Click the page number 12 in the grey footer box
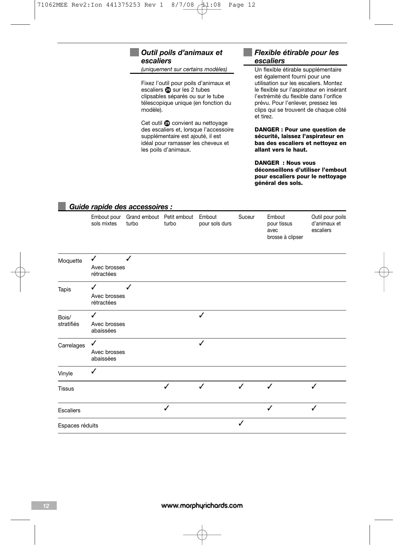point(46,506)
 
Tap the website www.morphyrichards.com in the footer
point(202,506)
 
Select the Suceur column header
point(246,217)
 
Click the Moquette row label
point(70,261)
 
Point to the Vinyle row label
point(65,374)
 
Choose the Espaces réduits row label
point(78,426)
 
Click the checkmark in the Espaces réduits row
point(241,423)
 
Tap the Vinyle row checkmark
point(94,371)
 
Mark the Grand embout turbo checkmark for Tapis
point(129,287)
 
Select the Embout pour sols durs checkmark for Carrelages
point(202,343)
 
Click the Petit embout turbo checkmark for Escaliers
point(167,408)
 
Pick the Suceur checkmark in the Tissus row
point(241,386)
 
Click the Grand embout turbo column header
point(142,220)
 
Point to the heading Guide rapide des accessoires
point(120,207)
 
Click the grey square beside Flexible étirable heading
point(247,52)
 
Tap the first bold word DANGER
point(267,130)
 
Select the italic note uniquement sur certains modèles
point(184,70)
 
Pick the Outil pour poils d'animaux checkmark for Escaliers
point(314,408)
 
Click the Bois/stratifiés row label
point(69,321)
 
